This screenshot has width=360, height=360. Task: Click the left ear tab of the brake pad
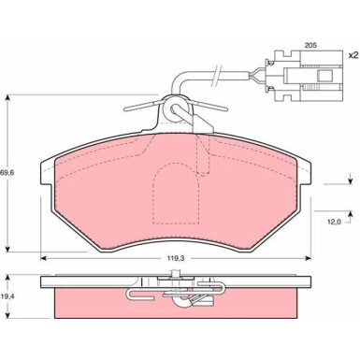(x=47, y=172)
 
